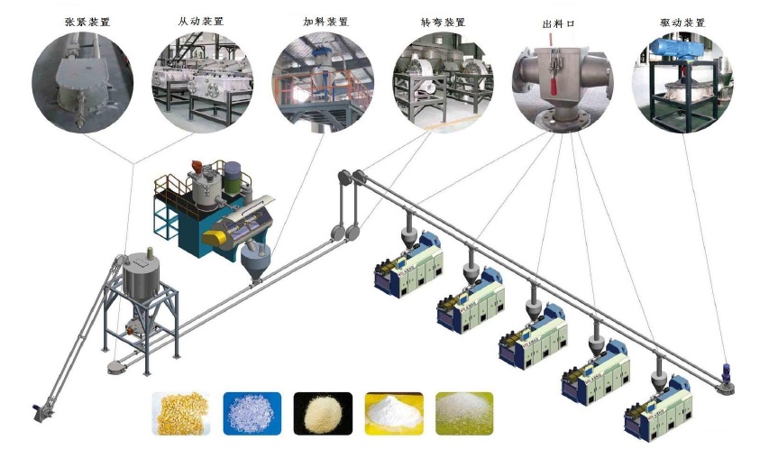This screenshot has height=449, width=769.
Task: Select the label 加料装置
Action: (322, 20)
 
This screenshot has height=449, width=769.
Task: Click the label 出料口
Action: (558, 21)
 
